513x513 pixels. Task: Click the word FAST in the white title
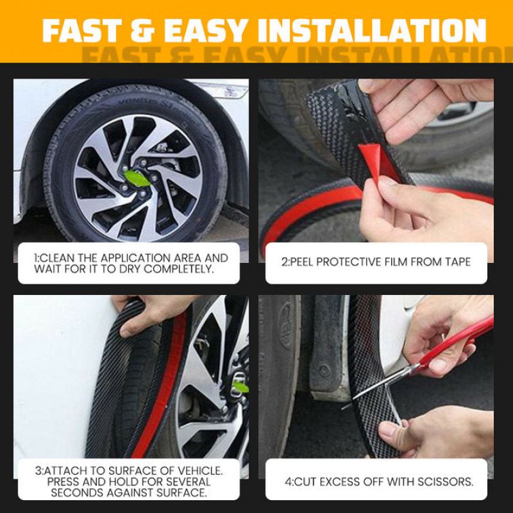tap(82, 30)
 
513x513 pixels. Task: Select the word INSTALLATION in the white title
tap(372, 30)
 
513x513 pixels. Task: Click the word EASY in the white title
tap(205, 30)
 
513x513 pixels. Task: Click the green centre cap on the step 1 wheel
tap(137, 178)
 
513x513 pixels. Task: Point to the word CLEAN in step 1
tap(58, 258)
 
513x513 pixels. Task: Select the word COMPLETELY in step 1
tap(179, 269)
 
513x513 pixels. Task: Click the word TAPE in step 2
tap(457, 262)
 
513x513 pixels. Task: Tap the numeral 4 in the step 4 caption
tap(287, 482)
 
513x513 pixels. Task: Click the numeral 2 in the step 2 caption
tap(284, 262)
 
